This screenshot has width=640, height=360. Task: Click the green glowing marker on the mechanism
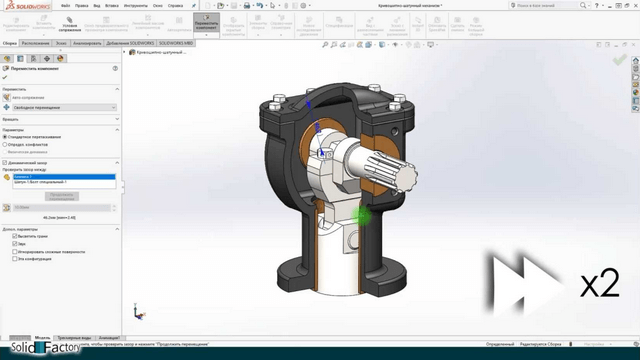coord(362,215)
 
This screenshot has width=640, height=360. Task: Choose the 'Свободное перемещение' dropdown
coord(60,107)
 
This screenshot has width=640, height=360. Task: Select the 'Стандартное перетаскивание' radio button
coord(5,136)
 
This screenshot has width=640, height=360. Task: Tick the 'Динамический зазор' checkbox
coord(5,162)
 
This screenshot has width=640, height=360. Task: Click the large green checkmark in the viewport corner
coord(619,61)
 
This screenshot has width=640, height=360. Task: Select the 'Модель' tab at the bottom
coord(43,337)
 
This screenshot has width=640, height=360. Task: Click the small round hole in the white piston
coord(350,240)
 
